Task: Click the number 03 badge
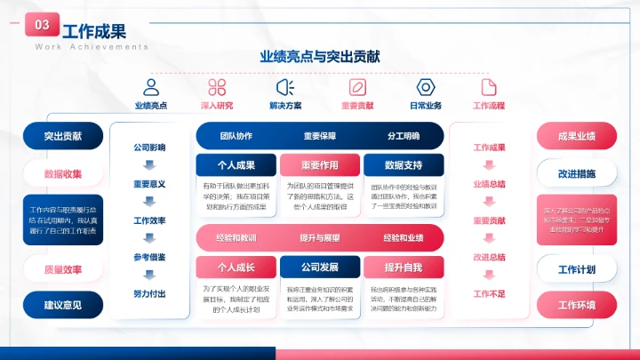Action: click(42, 26)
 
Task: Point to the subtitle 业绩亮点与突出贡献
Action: click(320, 56)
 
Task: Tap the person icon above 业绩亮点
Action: click(151, 87)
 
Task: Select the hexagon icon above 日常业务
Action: click(425, 87)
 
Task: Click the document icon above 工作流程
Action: click(488, 87)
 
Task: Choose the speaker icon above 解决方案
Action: click(285, 87)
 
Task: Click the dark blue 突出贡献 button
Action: click(63, 136)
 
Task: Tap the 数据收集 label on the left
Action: click(63, 173)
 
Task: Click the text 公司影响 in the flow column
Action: click(149, 147)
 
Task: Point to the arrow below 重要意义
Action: click(149, 202)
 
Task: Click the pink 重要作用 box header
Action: click(318, 164)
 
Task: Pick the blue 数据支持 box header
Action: click(403, 164)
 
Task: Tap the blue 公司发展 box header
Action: click(318, 267)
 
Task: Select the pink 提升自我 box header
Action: click(403, 267)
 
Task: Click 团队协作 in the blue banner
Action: click(236, 136)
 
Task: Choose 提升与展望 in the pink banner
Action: click(319, 238)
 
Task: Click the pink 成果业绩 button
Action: click(576, 136)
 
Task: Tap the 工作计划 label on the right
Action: click(576, 268)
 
